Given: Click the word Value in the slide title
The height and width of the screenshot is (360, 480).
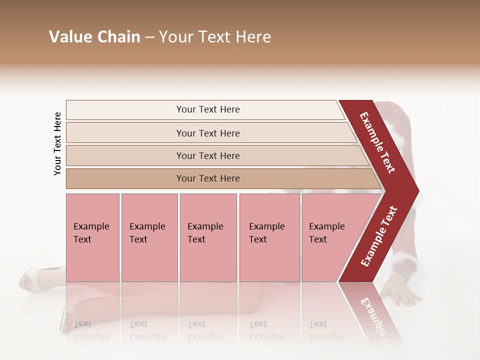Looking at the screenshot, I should tap(69, 37).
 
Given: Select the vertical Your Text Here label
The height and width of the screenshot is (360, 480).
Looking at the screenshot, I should tap(57, 143).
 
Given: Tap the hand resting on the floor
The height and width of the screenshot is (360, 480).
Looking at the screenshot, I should tap(402, 295).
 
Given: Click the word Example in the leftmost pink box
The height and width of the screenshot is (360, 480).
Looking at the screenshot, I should tap(91, 226).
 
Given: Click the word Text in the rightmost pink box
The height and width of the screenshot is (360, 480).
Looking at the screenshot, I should tap(317, 239).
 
